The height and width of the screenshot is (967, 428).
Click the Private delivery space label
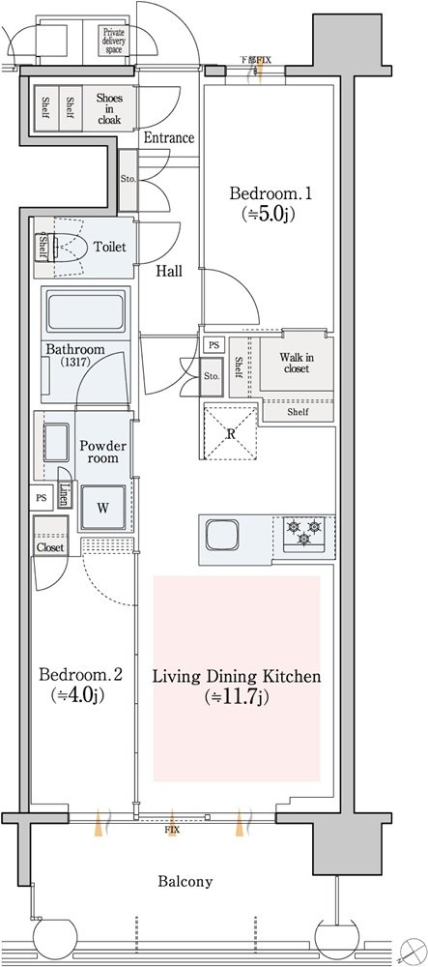[x=113, y=41]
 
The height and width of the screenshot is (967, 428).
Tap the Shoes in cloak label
[x=109, y=108]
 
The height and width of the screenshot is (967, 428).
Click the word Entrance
[x=169, y=137]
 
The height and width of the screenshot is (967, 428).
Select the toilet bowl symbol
[x=69, y=248]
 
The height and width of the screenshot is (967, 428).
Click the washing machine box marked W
[x=102, y=509]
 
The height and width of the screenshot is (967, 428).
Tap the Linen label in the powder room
[x=64, y=493]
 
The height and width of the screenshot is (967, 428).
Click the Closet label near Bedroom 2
[x=50, y=547]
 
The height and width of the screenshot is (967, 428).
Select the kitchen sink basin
[x=221, y=534]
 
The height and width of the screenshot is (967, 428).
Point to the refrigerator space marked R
[x=230, y=433]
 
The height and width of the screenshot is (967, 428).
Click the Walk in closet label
[x=295, y=363]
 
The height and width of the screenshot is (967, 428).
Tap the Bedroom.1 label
[x=271, y=193]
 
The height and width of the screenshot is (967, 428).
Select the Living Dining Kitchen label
[x=237, y=677]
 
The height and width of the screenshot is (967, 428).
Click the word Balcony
[x=185, y=881]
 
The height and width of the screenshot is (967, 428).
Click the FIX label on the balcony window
[x=172, y=830]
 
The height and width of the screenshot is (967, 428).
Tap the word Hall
[x=168, y=270]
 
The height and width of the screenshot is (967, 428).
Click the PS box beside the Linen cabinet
[x=42, y=498]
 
